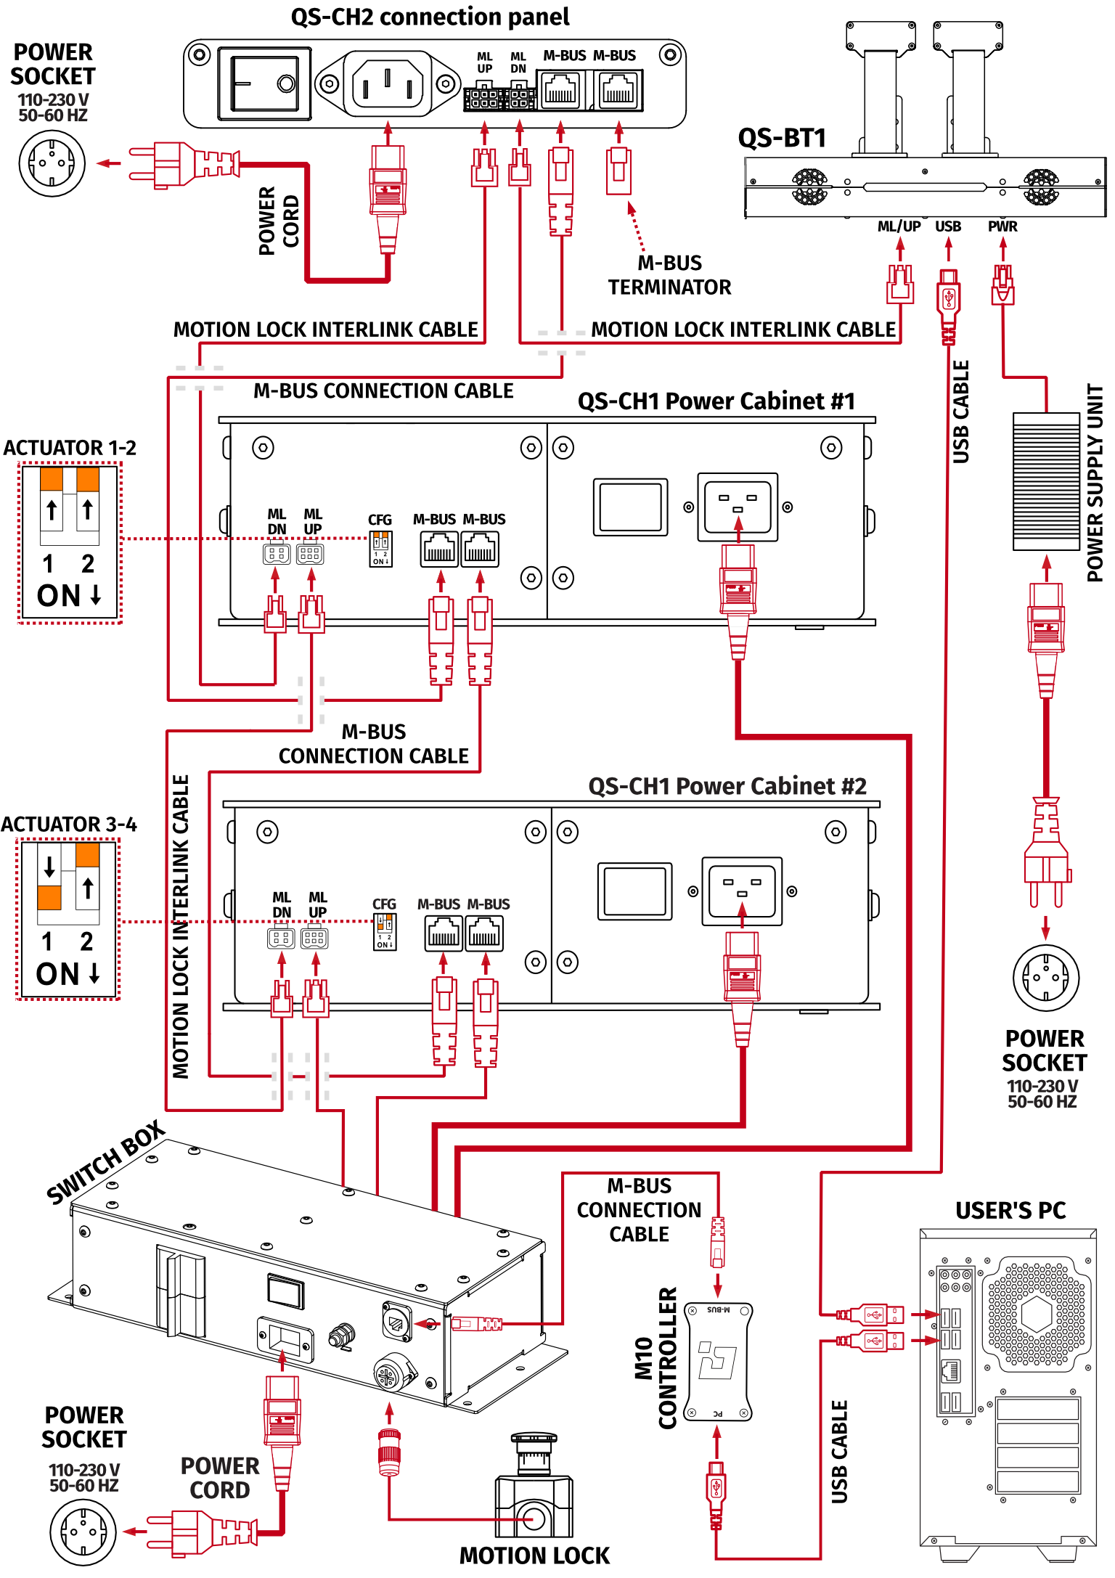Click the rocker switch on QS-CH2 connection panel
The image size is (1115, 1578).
click(x=264, y=83)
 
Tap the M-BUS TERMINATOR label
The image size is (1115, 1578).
click(x=669, y=275)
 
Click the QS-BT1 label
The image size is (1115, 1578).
click(x=782, y=138)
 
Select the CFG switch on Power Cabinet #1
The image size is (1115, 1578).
click(x=380, y=549)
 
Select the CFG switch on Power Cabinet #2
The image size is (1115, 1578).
click(x=385, y=932)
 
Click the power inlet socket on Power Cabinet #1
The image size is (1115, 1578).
click(x=738, y=507)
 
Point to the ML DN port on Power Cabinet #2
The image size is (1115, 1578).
click(x=281, y=938)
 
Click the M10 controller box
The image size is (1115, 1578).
click(x=717, y=1360)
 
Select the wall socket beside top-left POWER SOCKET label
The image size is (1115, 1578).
click(x=52, y=163)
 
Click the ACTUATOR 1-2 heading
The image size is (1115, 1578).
click(x=70, y=448)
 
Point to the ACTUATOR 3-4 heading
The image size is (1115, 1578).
click(x=69, y=825)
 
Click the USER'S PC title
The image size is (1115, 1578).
click(x=1010, y=1211)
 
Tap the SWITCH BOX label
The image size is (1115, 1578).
click(x=105, y=1161)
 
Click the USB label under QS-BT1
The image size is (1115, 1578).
click(x=948, y=226)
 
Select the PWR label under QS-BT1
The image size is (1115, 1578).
click(x=1002, y=226)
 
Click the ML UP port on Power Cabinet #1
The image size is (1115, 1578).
click(x=311, y=555)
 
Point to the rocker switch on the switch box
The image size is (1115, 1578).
click(x=285, y=1292)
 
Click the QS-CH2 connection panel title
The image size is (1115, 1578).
click(x=430, y=17)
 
